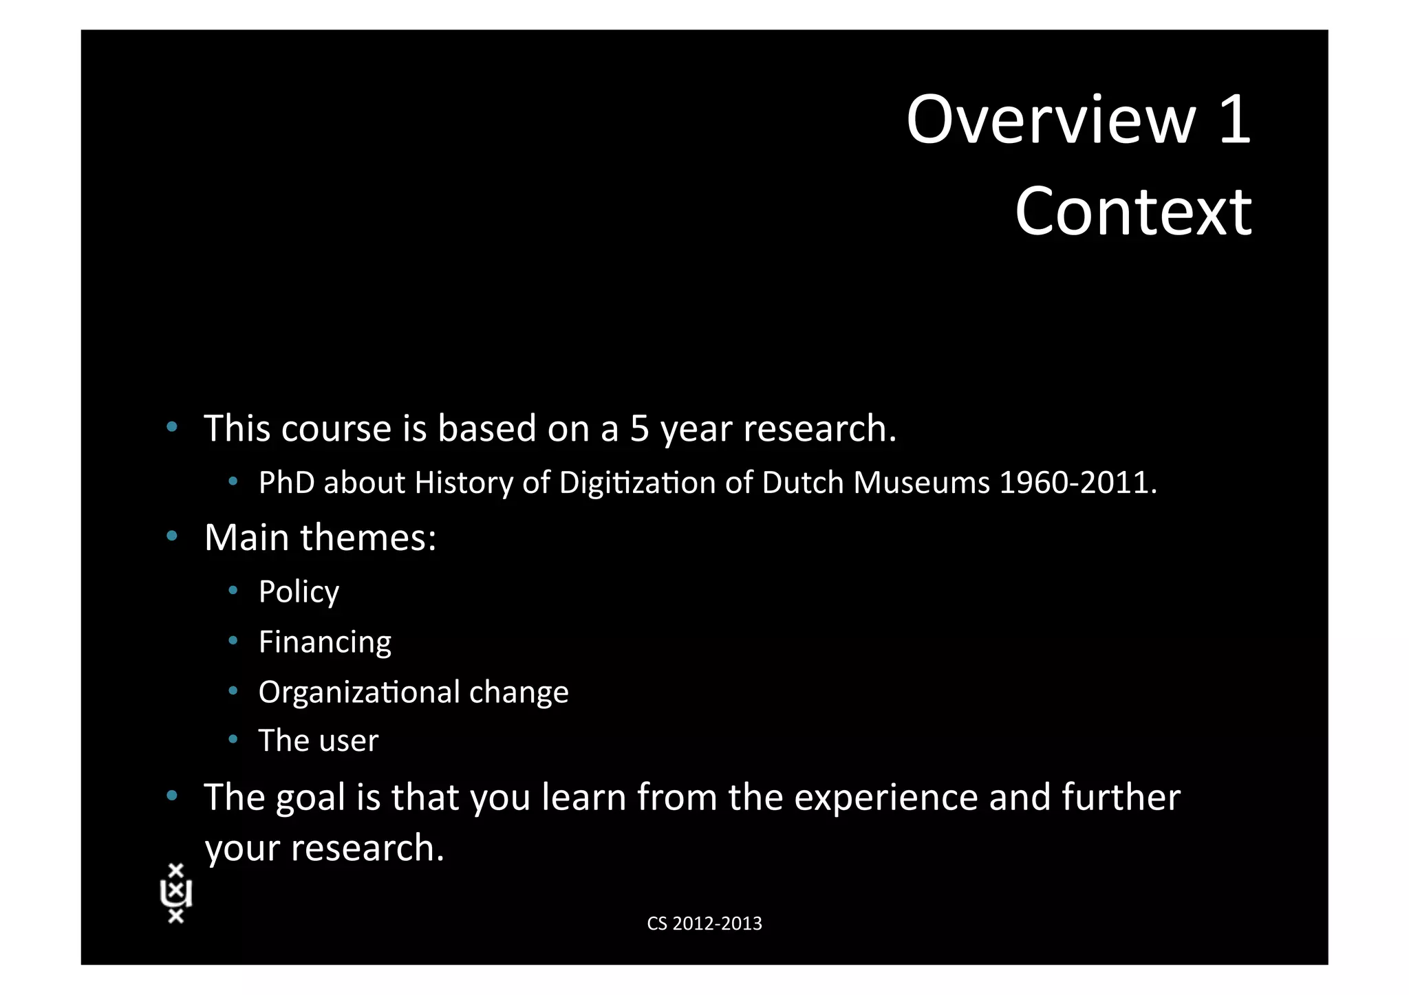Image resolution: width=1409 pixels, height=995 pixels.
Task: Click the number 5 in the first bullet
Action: [639, 428]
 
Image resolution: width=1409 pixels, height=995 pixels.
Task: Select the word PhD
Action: [286, 483]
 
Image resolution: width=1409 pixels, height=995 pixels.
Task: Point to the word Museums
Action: [921, 483]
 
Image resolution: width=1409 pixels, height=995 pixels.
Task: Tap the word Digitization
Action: [637, 483]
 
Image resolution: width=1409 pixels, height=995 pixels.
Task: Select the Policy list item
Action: [299, 591]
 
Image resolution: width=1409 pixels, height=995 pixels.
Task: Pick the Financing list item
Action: [325, 642]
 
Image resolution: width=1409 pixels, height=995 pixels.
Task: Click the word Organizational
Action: [359, 692]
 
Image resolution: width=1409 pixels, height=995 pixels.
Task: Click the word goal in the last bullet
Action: [310, 798]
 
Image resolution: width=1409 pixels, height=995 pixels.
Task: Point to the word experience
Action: [886, 798]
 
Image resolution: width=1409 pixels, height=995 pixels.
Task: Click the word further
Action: [1121, 798]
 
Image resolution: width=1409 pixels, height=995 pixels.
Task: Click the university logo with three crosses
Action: [176, 893]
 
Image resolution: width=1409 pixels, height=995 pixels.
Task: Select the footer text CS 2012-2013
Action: [704, 923]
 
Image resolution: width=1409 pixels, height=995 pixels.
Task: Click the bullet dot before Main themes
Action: [172, 535]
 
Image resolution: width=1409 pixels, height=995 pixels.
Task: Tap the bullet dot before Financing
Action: [233, 640]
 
